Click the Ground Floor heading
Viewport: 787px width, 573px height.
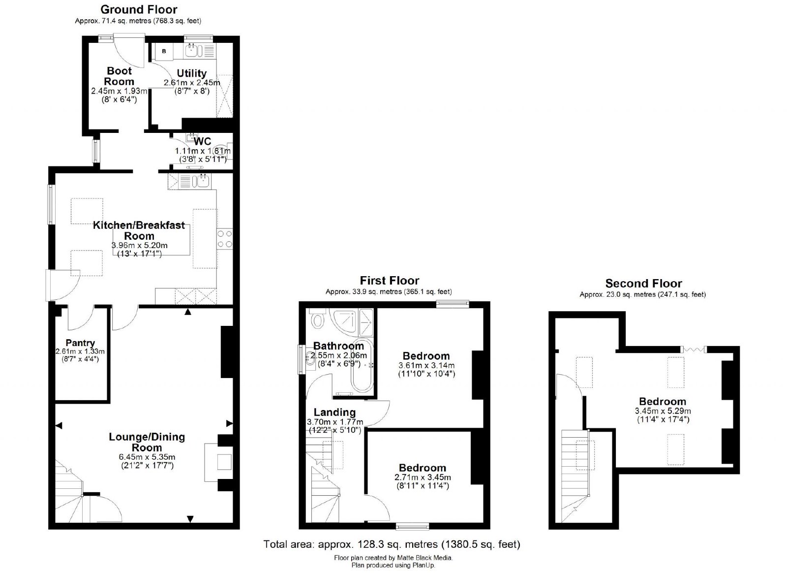139,9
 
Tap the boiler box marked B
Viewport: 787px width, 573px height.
164,51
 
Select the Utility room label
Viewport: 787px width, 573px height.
191,73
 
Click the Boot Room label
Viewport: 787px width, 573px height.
119,76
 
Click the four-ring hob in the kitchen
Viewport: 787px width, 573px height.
224,239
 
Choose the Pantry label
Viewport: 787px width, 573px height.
80,343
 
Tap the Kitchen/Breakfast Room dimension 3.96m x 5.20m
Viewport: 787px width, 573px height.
140,245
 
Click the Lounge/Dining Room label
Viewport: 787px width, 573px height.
147,442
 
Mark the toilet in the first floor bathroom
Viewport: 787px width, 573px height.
318,319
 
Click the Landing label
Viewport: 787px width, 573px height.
334,412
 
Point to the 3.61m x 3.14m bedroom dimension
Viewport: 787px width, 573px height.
426,365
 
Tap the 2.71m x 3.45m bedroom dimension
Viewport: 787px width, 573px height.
423,477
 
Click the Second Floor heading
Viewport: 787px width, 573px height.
643,284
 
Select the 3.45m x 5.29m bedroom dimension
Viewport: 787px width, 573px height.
663,411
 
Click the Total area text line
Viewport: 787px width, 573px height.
392,544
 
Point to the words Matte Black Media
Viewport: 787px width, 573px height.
424,558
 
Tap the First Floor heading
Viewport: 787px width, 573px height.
389,281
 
